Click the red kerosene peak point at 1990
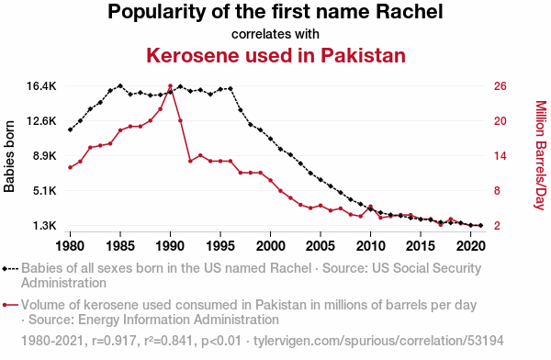coord(171,86)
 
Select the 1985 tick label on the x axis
coord(120,246)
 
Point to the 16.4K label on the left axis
coord(41,86)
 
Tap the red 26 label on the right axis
coord(500,86)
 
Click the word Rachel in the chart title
coord(410,12)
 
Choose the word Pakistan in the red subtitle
coord(363,55)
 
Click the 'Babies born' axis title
coord(9,156)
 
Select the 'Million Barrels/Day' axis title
coord(541,155)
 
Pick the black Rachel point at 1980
coord(71,129)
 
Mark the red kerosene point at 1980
coord(71,167)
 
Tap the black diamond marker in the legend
coord(5,269)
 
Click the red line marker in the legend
coord(10,305)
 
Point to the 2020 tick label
coord(470,246)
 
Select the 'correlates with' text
coord(275,34)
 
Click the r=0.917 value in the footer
coord(114,341)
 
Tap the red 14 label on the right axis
coord(500,156)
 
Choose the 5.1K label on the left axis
coord(45,191)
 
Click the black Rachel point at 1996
coord(231,88)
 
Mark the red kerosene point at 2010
coord(370,207)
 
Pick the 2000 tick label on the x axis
coord(270,246)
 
